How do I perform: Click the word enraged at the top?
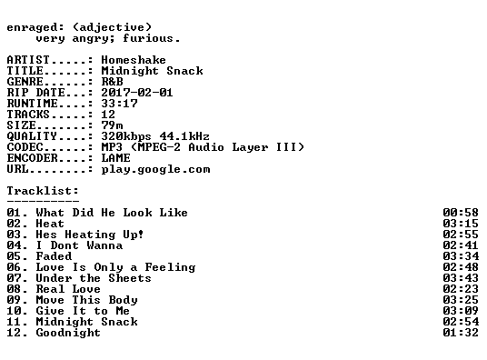pyautogui.click(x=32, y=27)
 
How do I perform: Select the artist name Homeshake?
pyautogui.click(x=134, y=60)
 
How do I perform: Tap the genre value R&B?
pyautogui.click(x=112, y=82)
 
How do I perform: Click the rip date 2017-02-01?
pyautogui.click(x=137, y=93)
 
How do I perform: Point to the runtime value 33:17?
pyautogui.click(x=119, y=104)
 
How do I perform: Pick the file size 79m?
pyautogui.click(x=112, y=125)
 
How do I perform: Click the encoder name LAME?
pyautogui.click(x=116, y=158)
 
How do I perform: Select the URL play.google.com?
pyautogui.click(x=155, y=169)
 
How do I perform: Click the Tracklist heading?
pyautogui.click(x=43, y=191)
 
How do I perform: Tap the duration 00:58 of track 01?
pyautogui.click(x=461, y=213)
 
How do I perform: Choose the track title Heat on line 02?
pyautogui.click(x=50, y=224)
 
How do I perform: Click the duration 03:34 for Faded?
pyautogui.click(x=461, y=256)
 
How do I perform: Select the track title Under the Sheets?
pyautogui.click(x=94, y=278)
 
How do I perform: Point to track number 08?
pyautogui.click(x=14, y=289)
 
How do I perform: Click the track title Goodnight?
pyautogui.click(x=68, y=333)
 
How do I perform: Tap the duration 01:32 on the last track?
pyautogui.click(x=461, y=333)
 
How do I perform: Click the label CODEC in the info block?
pyautogui.click(x=25, y=147)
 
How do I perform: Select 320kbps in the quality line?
pyautogui.click(x=126, y=136)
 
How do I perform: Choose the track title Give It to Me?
pyautogui.click(x=83, y=311)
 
